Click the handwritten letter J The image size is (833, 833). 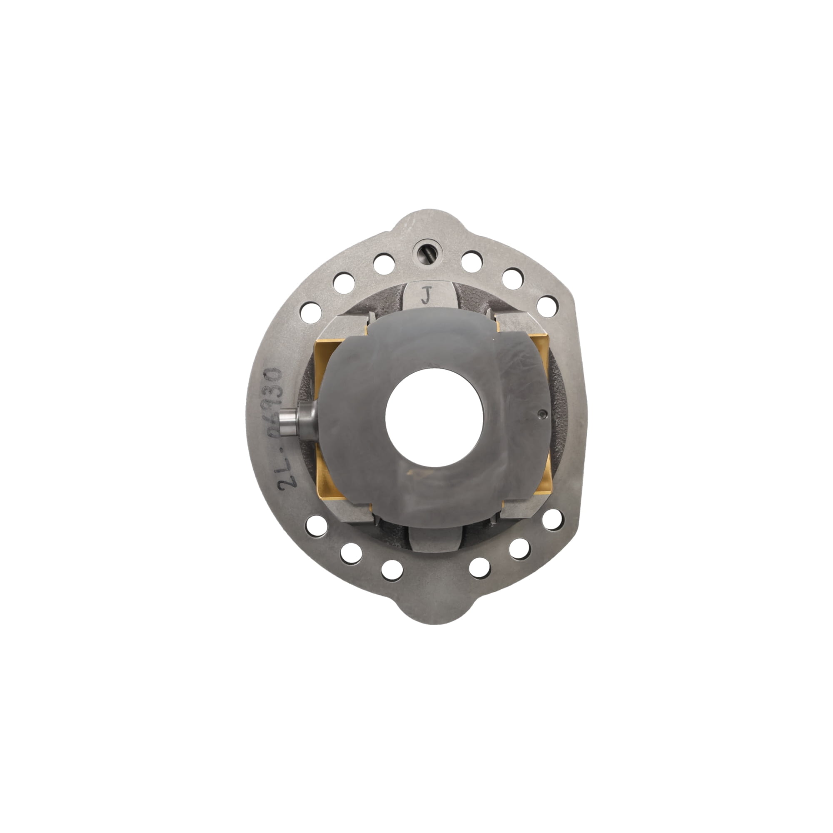tap(426, 296)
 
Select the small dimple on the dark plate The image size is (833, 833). tap(542, 414)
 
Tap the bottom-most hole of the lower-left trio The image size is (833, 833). tap(392, 571)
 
